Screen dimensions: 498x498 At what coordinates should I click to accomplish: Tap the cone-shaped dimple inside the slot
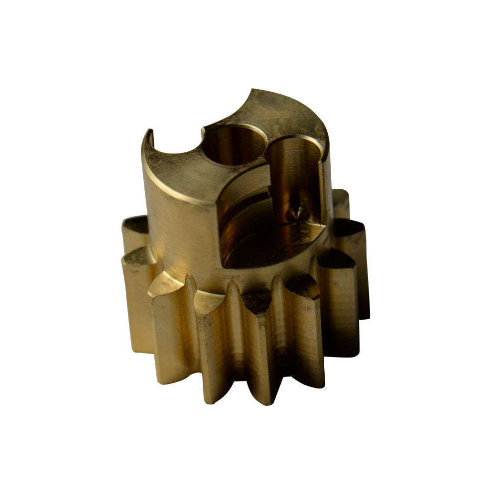tap(298, 213)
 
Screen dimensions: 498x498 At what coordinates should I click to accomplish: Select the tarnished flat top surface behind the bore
tap(284, 112)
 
